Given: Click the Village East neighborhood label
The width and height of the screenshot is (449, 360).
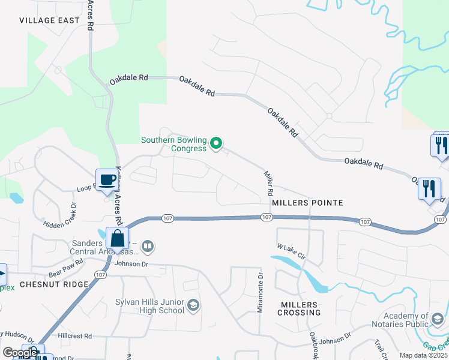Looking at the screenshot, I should (49, 20).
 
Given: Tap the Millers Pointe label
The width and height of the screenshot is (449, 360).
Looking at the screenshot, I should (307, 203).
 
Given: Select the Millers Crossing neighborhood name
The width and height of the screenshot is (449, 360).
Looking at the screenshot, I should (300, 308).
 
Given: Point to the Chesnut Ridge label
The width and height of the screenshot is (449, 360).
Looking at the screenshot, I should (54, 284).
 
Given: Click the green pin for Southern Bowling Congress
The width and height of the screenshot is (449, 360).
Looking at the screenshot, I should (217, 143).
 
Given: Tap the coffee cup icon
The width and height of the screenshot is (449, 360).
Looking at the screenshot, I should (107, 179).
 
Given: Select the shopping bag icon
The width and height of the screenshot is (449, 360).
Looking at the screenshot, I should (117, 238).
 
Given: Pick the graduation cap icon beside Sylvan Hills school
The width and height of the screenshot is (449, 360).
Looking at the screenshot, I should (193, 307).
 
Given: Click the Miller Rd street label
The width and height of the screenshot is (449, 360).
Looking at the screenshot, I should (268, 184).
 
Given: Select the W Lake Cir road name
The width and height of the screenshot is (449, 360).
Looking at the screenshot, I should (292, 251).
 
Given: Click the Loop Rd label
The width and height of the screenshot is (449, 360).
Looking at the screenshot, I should (85, 188).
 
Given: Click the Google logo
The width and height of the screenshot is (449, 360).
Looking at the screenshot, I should (19, 353).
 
